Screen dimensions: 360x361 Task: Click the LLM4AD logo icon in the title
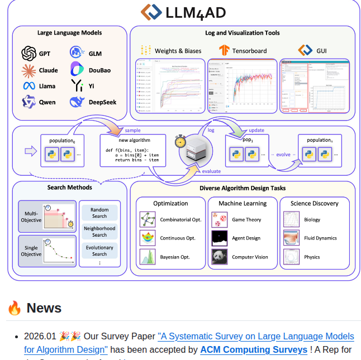coord(150,12)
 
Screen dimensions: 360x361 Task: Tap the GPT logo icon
coord(28,54)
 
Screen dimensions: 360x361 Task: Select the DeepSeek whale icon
coord(77,102)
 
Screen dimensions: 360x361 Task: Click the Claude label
coord(48,70)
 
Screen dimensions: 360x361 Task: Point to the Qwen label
coord(47,103)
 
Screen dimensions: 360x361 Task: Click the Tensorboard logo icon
coord(224,51)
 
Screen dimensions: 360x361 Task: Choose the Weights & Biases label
coord(178,51)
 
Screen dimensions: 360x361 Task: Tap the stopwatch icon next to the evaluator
coord(180,140)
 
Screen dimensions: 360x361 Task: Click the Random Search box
coord(99,213)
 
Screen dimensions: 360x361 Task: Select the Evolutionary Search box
coord(99,251)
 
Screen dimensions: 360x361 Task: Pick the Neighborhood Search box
coord(99,232)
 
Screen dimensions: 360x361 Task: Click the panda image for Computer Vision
coord(220,257)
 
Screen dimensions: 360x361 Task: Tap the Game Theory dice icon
coord(220,219)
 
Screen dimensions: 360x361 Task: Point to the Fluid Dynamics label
coord(320,238)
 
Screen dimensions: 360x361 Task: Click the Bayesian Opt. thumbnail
coord(148,257)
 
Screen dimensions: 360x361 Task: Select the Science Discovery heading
coord(314,203)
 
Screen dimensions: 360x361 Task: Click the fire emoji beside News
coord(15,308)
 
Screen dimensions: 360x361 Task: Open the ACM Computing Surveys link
coord(254,350)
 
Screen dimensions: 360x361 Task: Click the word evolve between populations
coord(283,155)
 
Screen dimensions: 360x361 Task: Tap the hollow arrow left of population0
coord(31,151)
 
